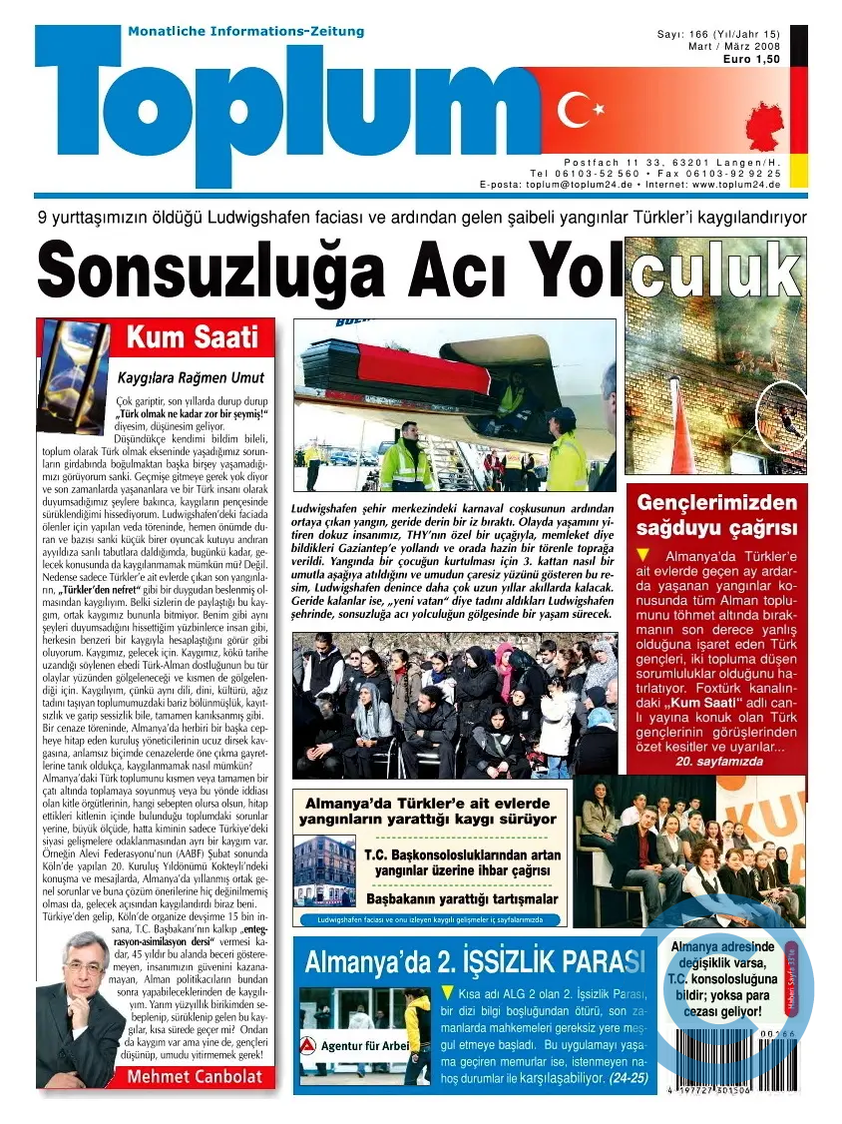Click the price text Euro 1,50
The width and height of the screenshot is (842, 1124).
click(x=751, y=60)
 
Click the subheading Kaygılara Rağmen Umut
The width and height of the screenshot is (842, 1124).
click(x=191, y=377)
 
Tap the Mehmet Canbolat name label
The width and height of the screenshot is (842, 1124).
click(x=195, y=1076)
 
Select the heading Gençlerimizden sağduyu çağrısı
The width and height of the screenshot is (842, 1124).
click(x=717, y=514)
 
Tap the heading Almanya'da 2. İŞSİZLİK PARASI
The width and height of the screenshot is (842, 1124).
click(x=474, y=962)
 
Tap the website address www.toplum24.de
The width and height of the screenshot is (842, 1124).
click(x=735, y=185)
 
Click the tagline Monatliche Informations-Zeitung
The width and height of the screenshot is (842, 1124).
click(x=246, y=32)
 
